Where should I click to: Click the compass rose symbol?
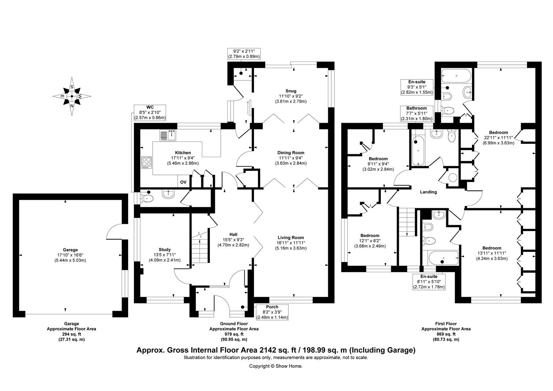click(x=72, y=96)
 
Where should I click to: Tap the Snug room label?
click(x=291, y=91)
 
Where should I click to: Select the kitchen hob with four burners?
click(x=147, y=162)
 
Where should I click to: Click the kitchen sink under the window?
click(x=168, y=135)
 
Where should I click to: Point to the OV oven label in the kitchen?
click(x=183, y=182)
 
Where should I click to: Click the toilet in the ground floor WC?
click(x=147, y=198)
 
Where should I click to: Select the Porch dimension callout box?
click(x=272, y=312)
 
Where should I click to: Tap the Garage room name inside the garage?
click(x=70, y=250)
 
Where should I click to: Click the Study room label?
click(x=165, y=249)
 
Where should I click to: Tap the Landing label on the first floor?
click(x=428, y=192)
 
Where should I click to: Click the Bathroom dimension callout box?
click(x=417, y=113)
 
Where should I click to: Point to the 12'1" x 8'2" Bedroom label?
click(x=370, y=235)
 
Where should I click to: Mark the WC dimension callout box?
click(x=150, y=113)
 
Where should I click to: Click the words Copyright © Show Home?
click(x=276, y=366)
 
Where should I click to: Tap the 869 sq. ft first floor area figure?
click(x=446, y=334)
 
